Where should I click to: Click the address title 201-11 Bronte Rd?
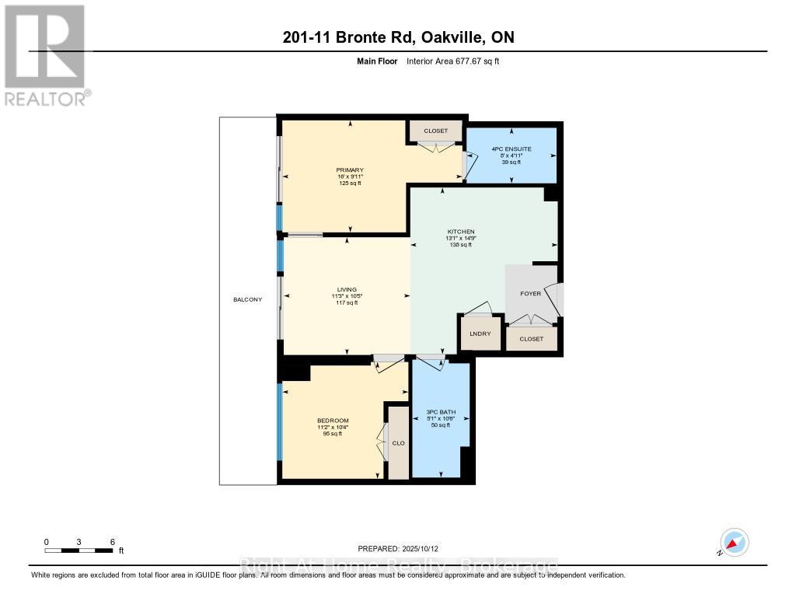point(397,37)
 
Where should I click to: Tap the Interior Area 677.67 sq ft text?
point(458,61)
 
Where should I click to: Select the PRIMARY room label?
point(350,170)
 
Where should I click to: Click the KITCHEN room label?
point(460,232)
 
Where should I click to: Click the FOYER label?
point(530,293)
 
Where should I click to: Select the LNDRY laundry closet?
point(478,334)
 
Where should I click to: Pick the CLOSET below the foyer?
point(531,339)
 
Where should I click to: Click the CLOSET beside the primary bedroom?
point(435,131)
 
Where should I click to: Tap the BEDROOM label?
point(333,421)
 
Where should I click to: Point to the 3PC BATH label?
point(440,412)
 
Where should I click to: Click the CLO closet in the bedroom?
point(398,443)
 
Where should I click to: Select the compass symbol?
point(733,543)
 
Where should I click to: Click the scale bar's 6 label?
point(113,542)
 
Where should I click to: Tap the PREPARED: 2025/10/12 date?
point(403,548)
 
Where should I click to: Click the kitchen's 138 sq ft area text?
point(460,245)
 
